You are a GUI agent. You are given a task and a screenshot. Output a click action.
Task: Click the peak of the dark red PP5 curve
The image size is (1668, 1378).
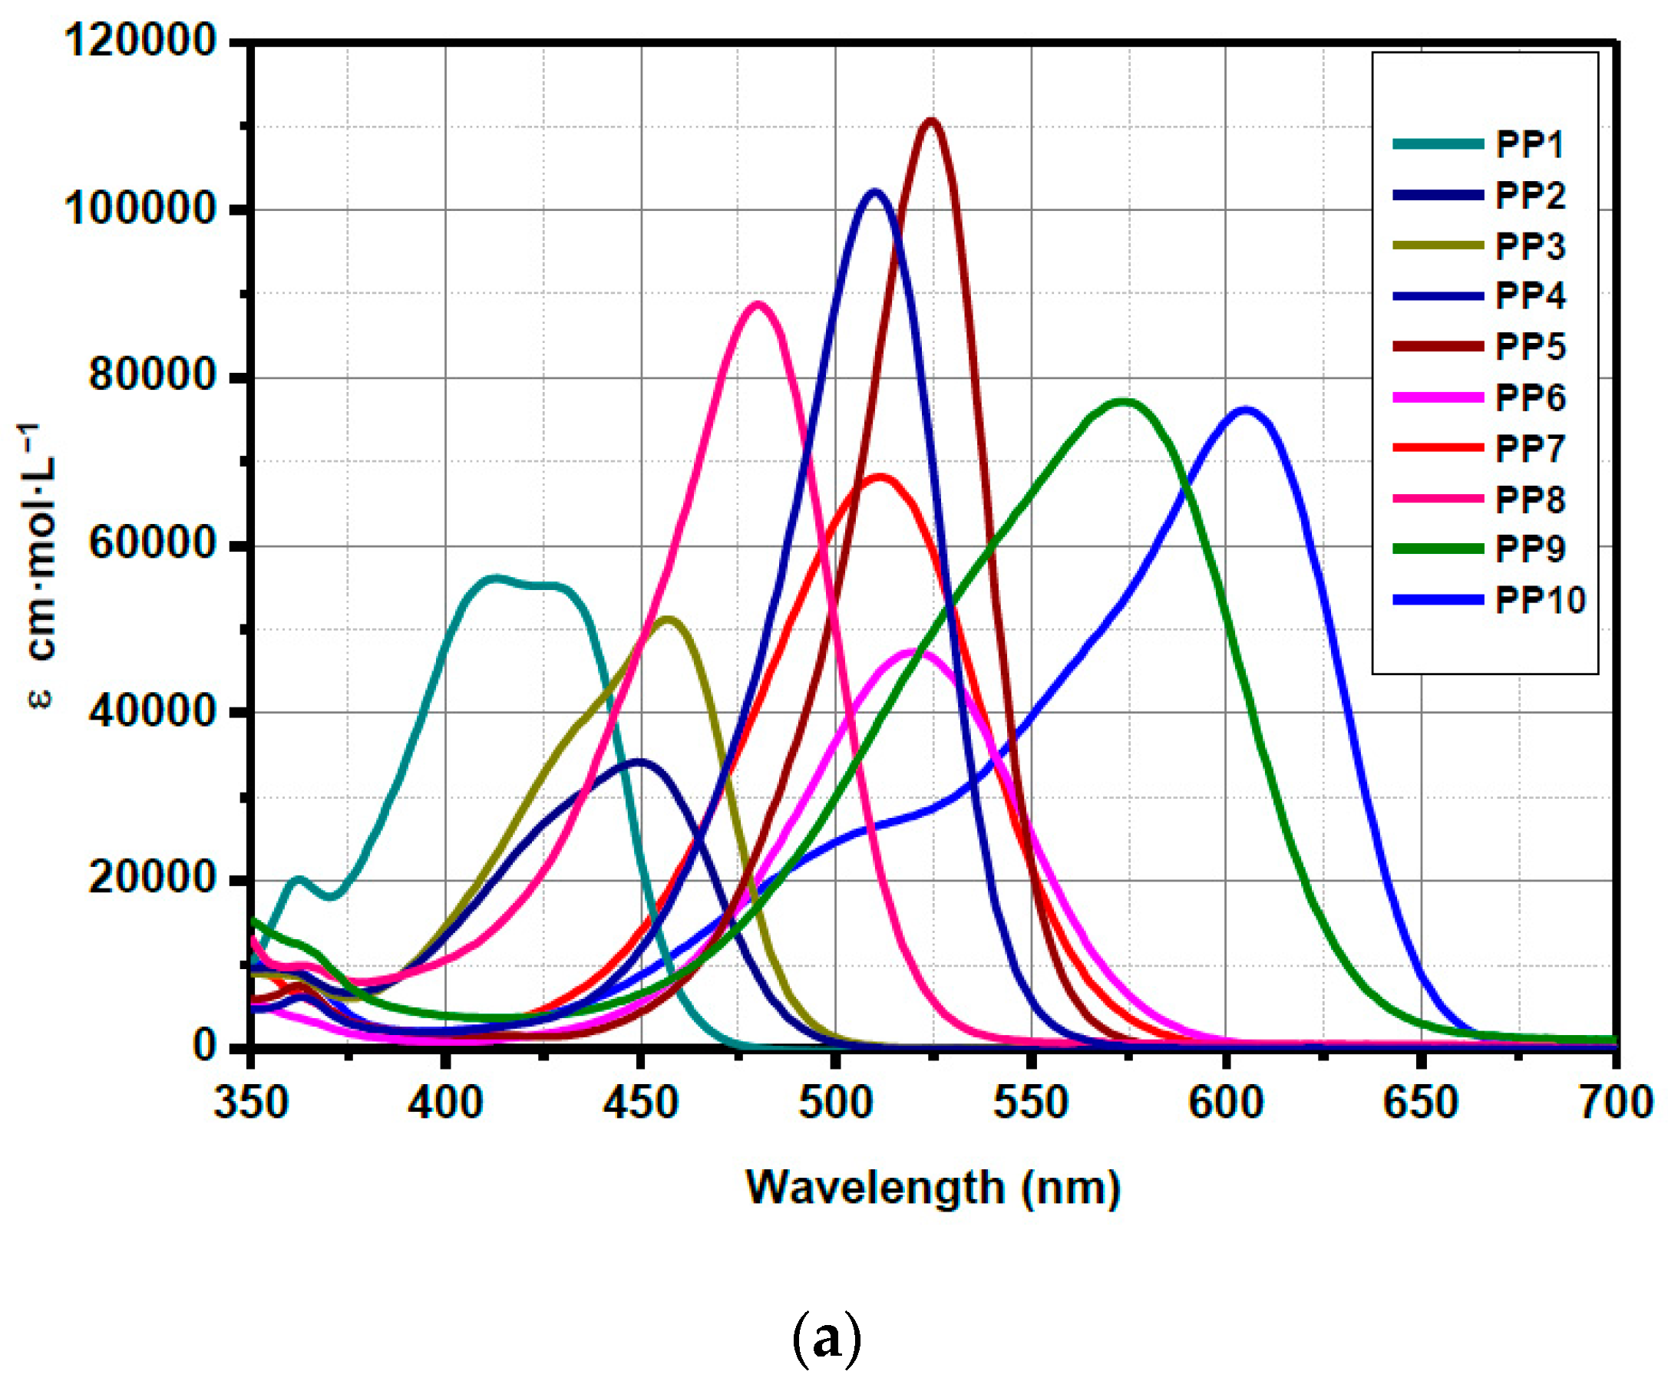click(930, 120)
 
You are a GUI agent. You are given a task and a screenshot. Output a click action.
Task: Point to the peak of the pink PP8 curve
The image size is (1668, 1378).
click(758, 304)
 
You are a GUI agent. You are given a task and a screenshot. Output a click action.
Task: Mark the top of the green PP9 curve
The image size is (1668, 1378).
click(1122, 401)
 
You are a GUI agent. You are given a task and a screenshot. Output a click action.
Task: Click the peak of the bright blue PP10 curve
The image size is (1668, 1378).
click(1244, 410)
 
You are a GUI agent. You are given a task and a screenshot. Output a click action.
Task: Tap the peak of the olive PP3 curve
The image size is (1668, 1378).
click(668, 618)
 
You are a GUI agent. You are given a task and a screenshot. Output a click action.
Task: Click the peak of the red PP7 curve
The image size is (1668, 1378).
click(879, 476)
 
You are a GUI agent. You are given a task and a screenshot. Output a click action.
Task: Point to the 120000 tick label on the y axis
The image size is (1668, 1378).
click(140, 40)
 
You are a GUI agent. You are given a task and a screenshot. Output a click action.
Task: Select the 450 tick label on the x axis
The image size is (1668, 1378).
click(640, 1103)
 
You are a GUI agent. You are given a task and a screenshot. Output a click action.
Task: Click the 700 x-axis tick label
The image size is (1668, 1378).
click(1617, 1103)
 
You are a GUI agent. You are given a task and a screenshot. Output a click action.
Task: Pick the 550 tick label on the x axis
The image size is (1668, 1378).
click(1030, 1103)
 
